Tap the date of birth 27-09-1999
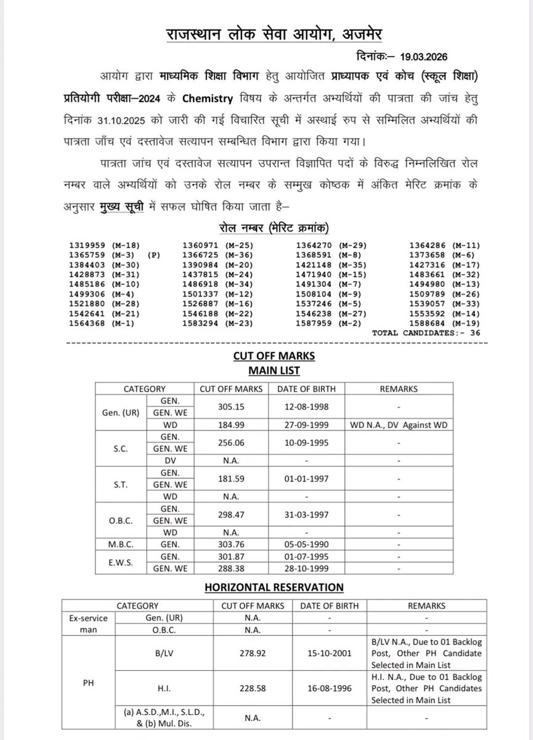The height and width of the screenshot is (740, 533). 305,424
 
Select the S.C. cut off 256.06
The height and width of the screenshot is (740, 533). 231,443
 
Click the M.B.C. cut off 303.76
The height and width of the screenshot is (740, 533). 231,545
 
